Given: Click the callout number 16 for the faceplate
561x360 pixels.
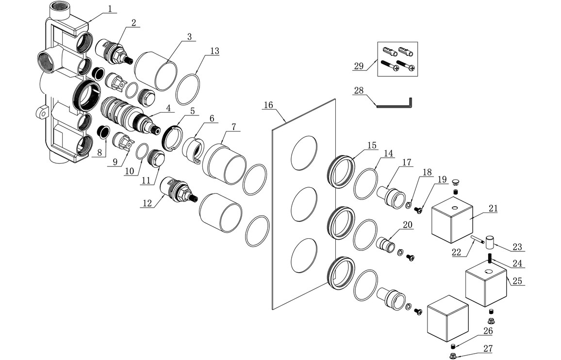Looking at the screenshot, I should point(269,105).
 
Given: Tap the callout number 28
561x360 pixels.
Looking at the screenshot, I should point(358,90).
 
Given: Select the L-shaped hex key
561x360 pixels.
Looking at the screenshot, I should point(394,103).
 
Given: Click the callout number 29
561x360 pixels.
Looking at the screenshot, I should point(359,66).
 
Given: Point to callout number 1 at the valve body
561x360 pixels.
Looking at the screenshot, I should point(110,8).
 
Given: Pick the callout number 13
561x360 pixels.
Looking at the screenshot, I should point(214,51).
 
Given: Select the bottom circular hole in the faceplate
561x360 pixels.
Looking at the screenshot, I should point(303,256).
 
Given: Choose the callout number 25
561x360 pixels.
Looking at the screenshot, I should point(518,281).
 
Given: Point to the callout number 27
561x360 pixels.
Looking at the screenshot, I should point(488,348).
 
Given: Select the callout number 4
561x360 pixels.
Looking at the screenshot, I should point(167,108).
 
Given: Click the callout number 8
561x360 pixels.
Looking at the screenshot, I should point(99,152).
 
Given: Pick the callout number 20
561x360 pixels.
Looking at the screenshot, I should point(407,225).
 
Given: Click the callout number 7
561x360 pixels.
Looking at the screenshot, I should point(233,127).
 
